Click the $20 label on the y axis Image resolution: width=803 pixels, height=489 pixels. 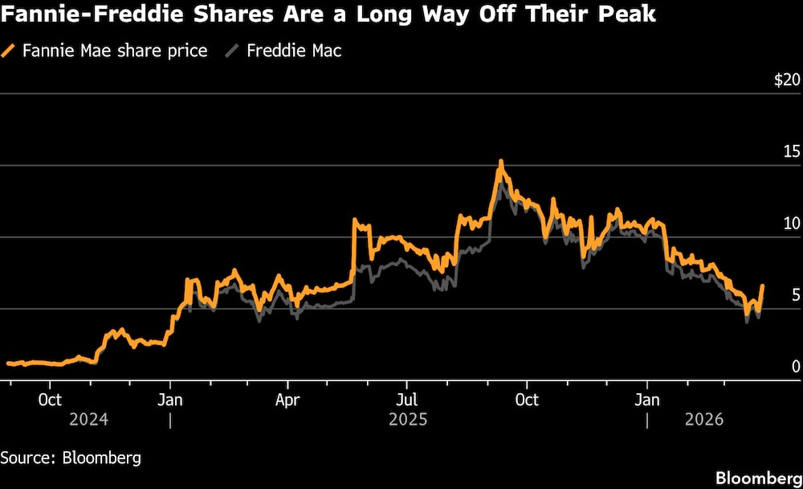pyautogui.click(x=787, y=80)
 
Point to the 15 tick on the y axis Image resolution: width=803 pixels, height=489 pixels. pyautogui.click(x=791, y=151)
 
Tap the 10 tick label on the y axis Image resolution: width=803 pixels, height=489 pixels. pyautogui.click(x=791, y=223)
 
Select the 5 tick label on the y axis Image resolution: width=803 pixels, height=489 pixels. pyautogui.click(x=796, y=294)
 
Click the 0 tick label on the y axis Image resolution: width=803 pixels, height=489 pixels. pyautogui.click(x=796, y=366)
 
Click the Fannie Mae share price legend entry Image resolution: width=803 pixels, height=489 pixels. pyautogui.click(x=115, y=51)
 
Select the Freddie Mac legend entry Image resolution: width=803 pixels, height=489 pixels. pyautogui.click(x=294, y=51)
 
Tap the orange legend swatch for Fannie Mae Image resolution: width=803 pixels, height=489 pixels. pyautogui.click(x=10, y=51)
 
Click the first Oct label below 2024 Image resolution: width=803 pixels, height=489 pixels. pyautogui.click(x=50, y=400)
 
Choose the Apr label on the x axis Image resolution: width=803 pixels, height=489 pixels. pyautogui.click(x=287, y=400)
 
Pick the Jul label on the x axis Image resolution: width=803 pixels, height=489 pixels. pyautogui.click(x=407, y=400)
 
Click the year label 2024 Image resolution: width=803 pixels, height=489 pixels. pyautogui.click(x=89, y=420)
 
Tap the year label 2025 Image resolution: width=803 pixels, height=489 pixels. pyautogui.click(x=408, y=420)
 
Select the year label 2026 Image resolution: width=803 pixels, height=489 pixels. pyautogui.click(x=704, y=420)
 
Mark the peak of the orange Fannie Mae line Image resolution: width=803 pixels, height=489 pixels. pyautogui.click(x=501, y=162)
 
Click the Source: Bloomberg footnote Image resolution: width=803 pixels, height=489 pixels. pyautogui.click(x=71, y=458)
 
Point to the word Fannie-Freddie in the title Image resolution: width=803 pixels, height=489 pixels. pyautogui.click(x=72, y=15)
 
